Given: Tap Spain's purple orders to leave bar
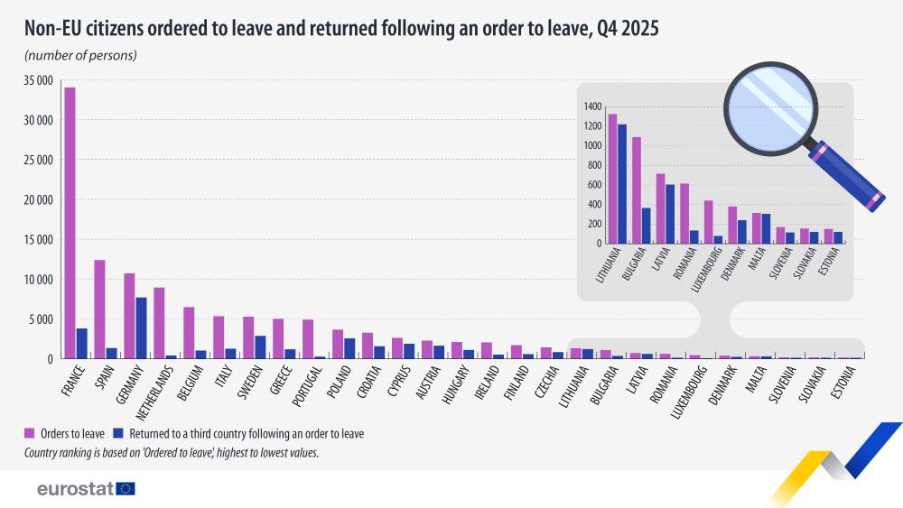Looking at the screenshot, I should click(x=99, y=309).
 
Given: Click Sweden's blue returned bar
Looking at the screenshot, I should click(x=260, y=347).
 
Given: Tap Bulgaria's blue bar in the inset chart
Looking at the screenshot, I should click(x=647, y=226).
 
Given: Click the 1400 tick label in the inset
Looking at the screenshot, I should click(x=592, y=106).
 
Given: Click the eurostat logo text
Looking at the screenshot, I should click(x=75, y=489).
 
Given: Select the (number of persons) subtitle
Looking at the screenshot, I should click(x=80, y=56).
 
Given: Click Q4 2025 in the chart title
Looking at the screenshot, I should click(x=627, y=29).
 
